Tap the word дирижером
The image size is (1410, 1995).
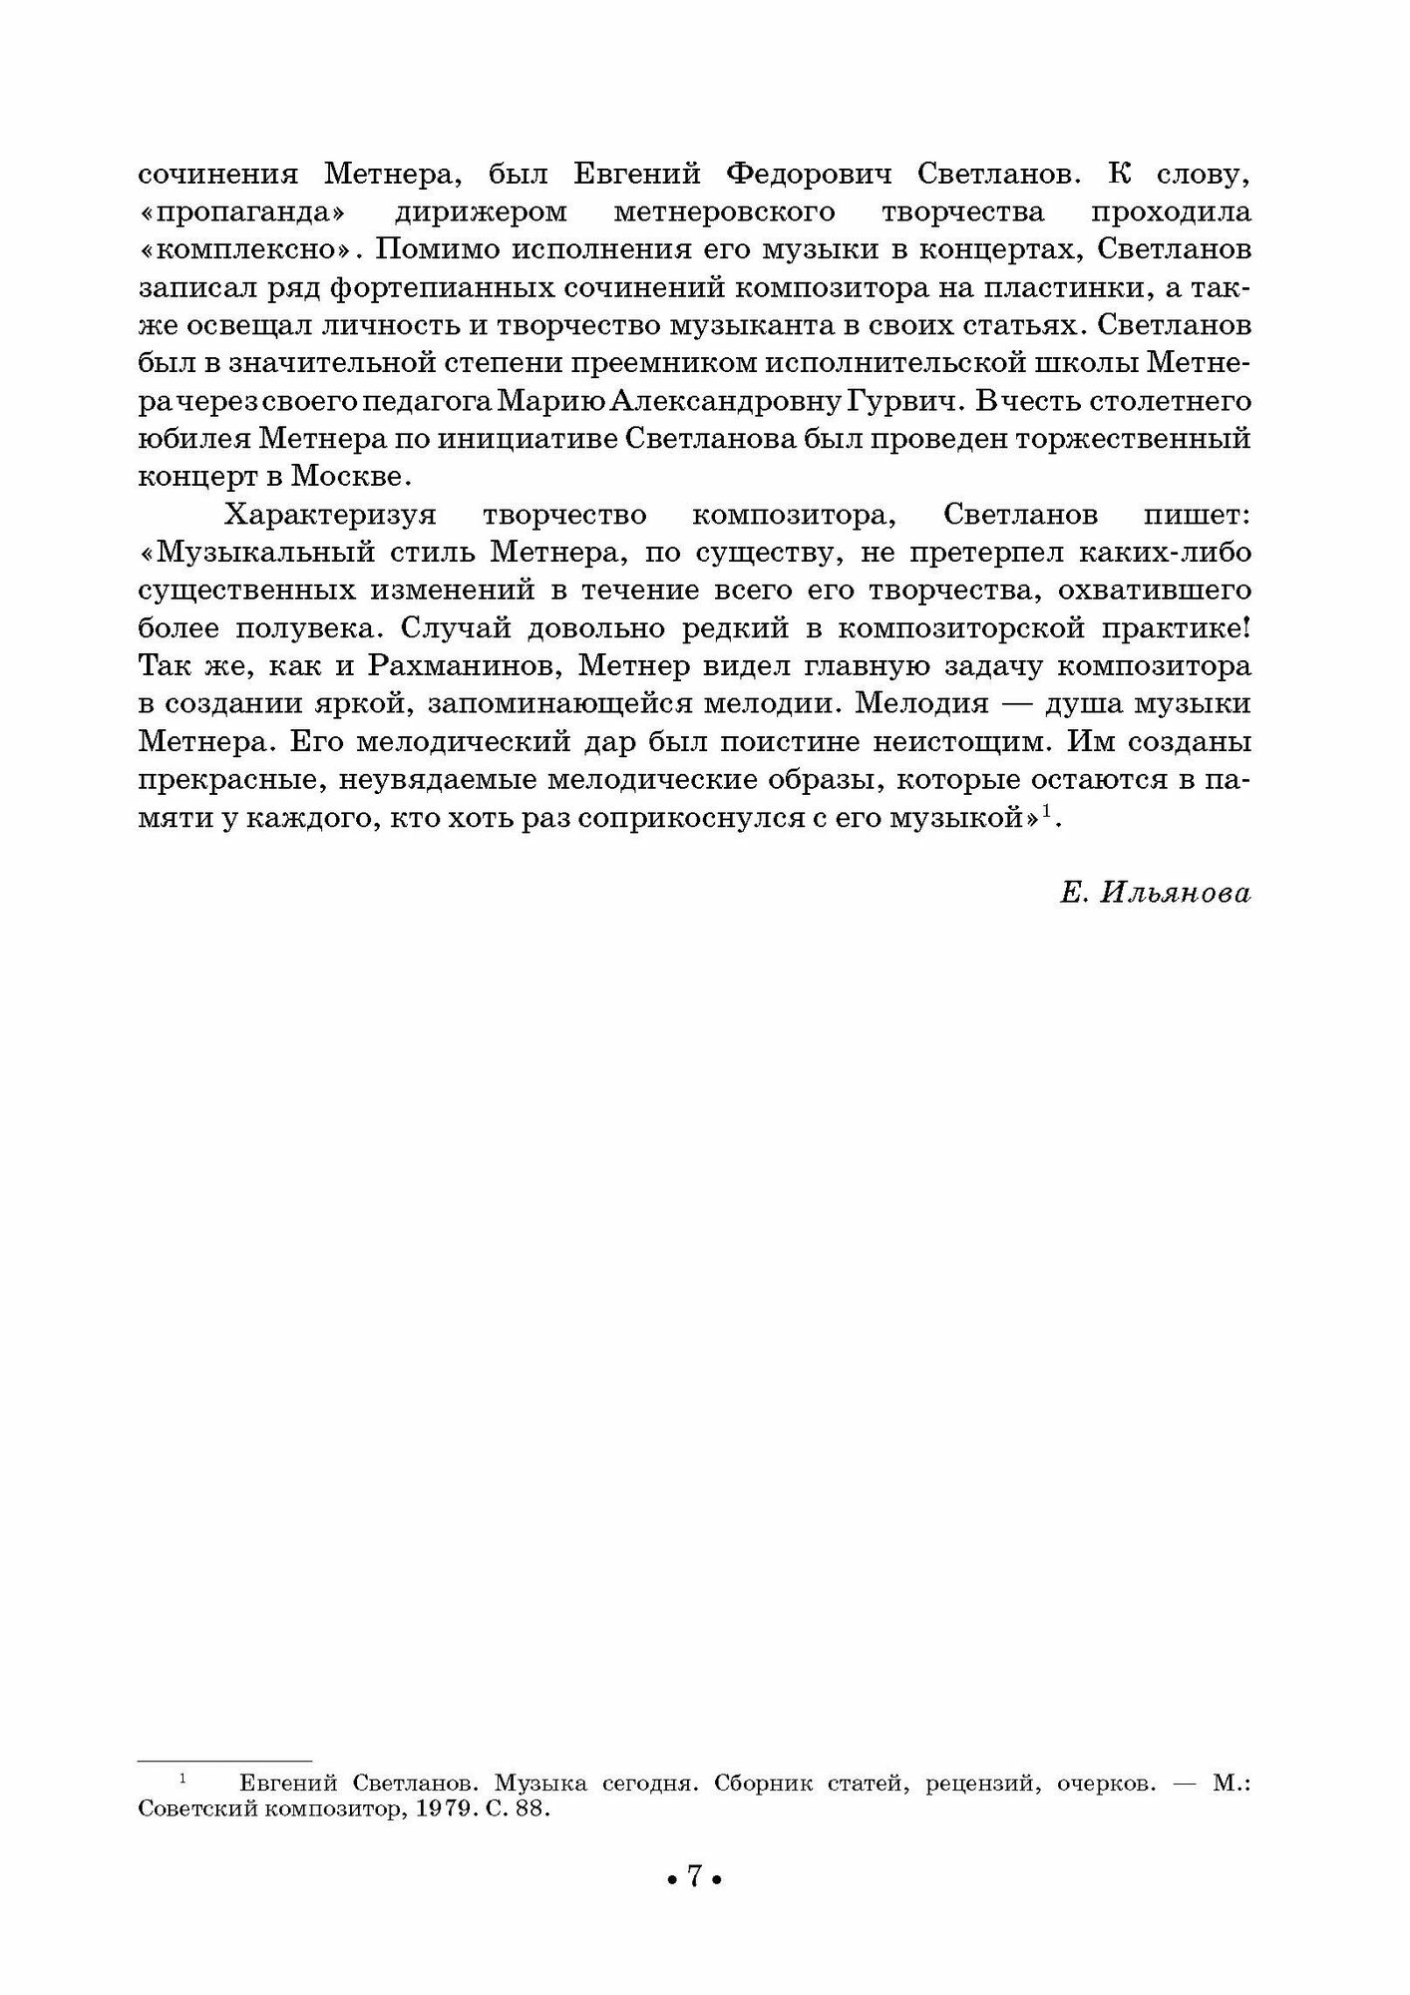coord(481,212)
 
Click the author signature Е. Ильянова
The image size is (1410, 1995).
coord(1155,895)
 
